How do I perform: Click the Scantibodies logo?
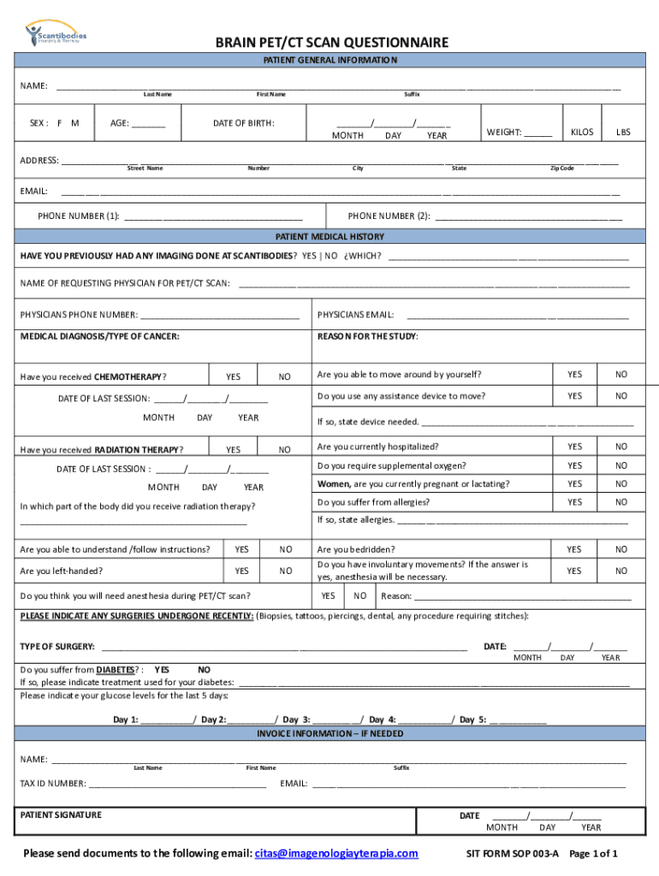(56, 34)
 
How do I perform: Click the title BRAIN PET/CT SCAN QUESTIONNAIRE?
(330, 43)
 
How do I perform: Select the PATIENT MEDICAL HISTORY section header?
(329, 236)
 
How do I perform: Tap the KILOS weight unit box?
(581, 132)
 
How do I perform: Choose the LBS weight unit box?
(623, 132)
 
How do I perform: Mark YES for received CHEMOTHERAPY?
(233, 376)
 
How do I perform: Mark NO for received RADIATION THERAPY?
(285, 449)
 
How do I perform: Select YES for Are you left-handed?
(242, 571)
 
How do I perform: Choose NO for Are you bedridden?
(621, 549)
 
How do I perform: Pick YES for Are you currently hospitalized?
(574, 447)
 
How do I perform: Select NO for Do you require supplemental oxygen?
(621, 465)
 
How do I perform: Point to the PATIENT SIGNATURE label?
(61, 814)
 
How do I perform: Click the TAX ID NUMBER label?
(53, 783)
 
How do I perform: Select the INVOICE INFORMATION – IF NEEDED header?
(329, 734)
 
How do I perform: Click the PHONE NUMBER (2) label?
(389, 216)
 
